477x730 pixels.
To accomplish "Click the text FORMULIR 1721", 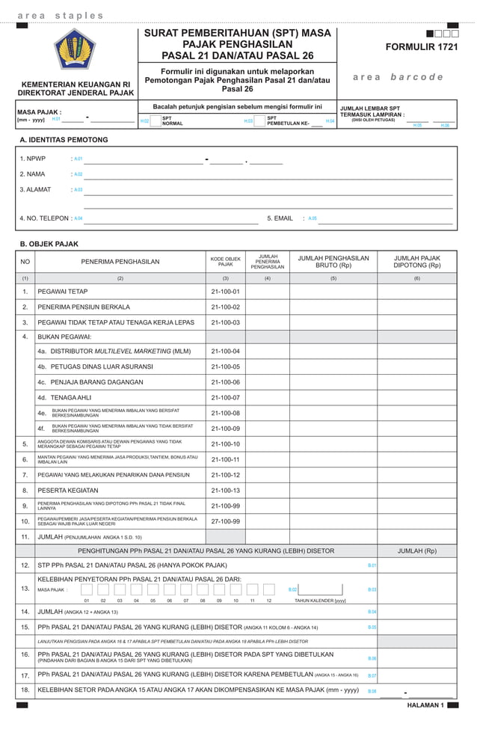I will click(421, 47).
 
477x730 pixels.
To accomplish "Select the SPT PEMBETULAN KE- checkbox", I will click(259, 120).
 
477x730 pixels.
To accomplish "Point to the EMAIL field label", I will click(280, 218).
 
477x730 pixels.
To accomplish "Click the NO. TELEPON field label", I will click(43, 218).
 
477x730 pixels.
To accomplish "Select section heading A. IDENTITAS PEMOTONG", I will click(64, 140).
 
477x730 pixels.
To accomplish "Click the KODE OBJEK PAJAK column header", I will click(225, 262).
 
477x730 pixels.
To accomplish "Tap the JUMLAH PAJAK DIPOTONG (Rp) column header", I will click(416, 262).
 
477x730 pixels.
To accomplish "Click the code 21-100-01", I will click(225, 292).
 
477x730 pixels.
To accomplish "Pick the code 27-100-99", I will click(225, 521).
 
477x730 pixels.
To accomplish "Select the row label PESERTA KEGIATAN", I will click(66, 491).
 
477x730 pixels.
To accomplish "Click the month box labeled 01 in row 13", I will click(87, 589).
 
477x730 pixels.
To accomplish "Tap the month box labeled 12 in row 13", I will click(268, 589).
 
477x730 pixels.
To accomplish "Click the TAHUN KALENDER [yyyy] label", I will click(320, 601).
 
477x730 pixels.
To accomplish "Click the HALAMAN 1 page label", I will click(425, 705).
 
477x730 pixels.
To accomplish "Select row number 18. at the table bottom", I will click(25, 689).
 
